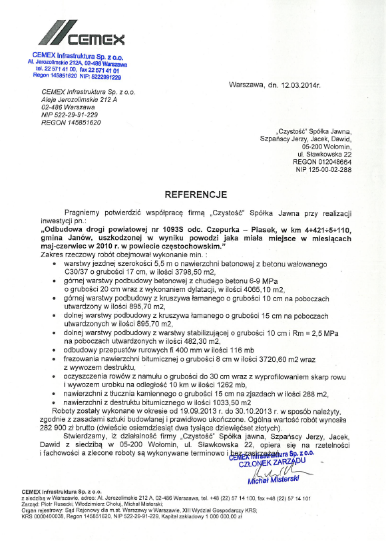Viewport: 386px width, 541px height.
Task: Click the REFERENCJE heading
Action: [196, 195]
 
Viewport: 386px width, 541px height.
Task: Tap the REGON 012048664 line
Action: [329, 161]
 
